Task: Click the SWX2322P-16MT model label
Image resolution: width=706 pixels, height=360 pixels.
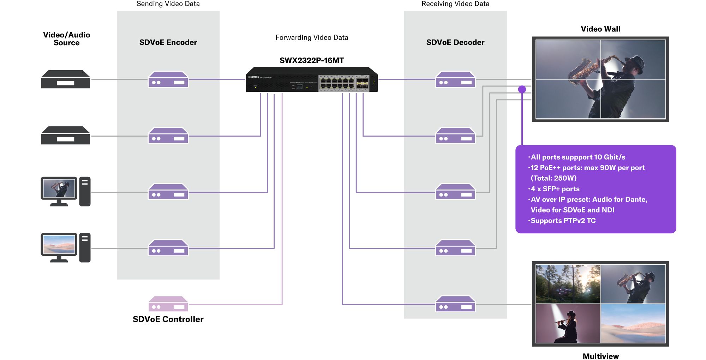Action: [312, 60]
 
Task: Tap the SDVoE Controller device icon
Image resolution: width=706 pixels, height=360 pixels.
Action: [168, 304]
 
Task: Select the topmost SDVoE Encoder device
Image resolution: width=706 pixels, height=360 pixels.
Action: [168, 79]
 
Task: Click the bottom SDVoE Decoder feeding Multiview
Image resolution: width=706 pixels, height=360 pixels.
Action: [455, 304]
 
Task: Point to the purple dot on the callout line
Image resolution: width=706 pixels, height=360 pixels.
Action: [522, 89]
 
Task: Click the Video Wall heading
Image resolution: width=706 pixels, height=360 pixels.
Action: [600, 29]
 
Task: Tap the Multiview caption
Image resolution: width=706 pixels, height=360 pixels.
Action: [600, 356]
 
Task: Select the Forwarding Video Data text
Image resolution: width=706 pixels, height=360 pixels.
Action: [312, 37]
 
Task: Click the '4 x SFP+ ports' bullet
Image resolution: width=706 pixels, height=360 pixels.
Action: [555, 189]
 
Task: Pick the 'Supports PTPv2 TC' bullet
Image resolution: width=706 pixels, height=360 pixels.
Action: [563, 221]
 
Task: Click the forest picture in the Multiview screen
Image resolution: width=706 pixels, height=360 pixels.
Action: [568, 284]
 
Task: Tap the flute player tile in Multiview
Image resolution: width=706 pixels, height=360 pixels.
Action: [568, 323]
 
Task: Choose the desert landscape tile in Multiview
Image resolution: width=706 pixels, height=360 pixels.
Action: [633, 323]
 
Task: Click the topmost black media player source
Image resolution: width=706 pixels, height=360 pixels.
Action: [66, 79]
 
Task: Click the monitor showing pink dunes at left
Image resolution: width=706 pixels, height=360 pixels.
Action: [59, 245]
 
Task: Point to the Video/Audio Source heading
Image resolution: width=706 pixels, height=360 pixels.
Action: [66, 39]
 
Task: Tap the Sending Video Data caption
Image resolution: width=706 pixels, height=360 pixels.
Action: [168, 4]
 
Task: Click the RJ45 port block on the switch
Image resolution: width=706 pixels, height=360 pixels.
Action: [337, 83]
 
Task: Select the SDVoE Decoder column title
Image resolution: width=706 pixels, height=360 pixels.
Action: [455, 42]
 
